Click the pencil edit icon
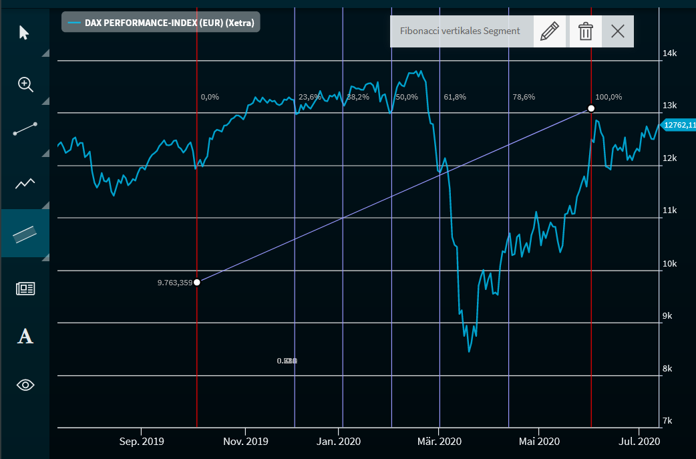(x=549, y=31)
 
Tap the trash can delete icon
(x=585, y=31)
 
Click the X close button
(x=618, y=31)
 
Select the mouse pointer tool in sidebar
(x=25, y=32)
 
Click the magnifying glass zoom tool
(x=25, y=84)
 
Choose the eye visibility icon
(x=25, y=385)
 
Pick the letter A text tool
(x=25, y=336)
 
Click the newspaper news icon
(x=25, y=289)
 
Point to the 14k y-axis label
(x=669, y=53)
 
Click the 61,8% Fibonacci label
(x=455, y=97)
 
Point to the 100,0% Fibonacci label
(x=608, y=97)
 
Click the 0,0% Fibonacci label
(x=210, y=97)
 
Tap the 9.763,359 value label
(x=174, y=283)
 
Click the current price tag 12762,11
(x=679, y=125)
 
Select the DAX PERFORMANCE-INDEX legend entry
(x=161, y=23)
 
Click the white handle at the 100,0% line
(x=591, y=108)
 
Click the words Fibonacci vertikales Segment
(x=460, y=31)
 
